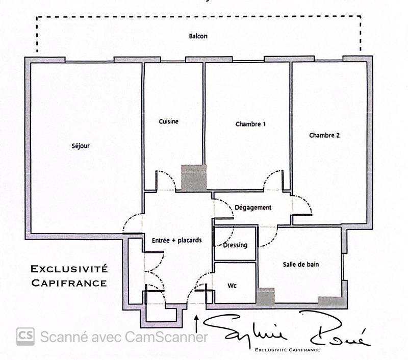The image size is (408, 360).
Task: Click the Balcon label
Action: click(x=198, y=36)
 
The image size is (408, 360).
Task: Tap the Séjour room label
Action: click(x=81, y=146)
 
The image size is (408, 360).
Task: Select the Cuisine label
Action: click(x=168, y=121)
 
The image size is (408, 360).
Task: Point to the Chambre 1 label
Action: click(x=250, y=124)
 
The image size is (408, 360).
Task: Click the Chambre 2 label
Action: click(x=324, y=136)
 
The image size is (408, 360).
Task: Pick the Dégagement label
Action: click(x=253, y=208)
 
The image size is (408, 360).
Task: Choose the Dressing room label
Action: click(x=235, y=245)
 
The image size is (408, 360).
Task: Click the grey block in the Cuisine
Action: click(x=194, y=178)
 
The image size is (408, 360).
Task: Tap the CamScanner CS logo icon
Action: click(x=25, y=337)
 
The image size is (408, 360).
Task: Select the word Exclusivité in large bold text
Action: click(x=69, y=268)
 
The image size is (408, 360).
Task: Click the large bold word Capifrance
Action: click(x=69, y=282)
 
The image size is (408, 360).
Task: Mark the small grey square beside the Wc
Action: click(x=265, y=297)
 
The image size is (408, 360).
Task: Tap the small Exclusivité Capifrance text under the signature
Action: click(x=288, y=350)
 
